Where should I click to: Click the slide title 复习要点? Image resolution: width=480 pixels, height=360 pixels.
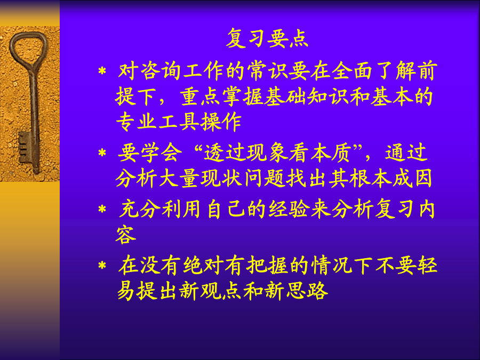point(267,38)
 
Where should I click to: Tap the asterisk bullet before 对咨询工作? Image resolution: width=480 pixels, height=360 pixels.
point(102,71)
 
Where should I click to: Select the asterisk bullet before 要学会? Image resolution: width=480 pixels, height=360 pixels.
point(102,153)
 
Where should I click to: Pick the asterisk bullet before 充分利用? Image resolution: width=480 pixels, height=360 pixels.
point(102,210)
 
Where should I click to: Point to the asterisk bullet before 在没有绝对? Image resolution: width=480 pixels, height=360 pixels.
point(102,265)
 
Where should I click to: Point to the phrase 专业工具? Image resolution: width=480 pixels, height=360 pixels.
point(158,122)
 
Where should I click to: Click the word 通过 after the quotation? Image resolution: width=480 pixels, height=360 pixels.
point(406,153)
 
